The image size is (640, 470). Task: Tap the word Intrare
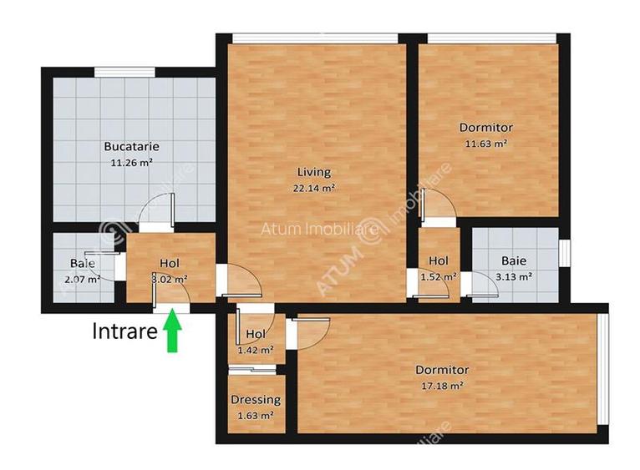coord(124,331)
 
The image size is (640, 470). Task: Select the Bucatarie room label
coord(131,146)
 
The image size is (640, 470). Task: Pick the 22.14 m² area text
coord(314,188)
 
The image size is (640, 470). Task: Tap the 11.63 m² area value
coord(485,143)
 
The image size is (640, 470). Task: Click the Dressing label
coord(255,400)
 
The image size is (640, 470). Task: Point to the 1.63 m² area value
coord(255,415)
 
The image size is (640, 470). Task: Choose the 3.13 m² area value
coord(513,276)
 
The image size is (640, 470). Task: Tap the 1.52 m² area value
coord(438,276)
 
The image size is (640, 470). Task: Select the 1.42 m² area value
coord(255,350)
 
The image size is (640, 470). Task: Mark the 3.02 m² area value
coord(169,279)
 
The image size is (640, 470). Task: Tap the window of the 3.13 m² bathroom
coord(564,251)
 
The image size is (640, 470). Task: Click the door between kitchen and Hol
coord(156,226)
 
